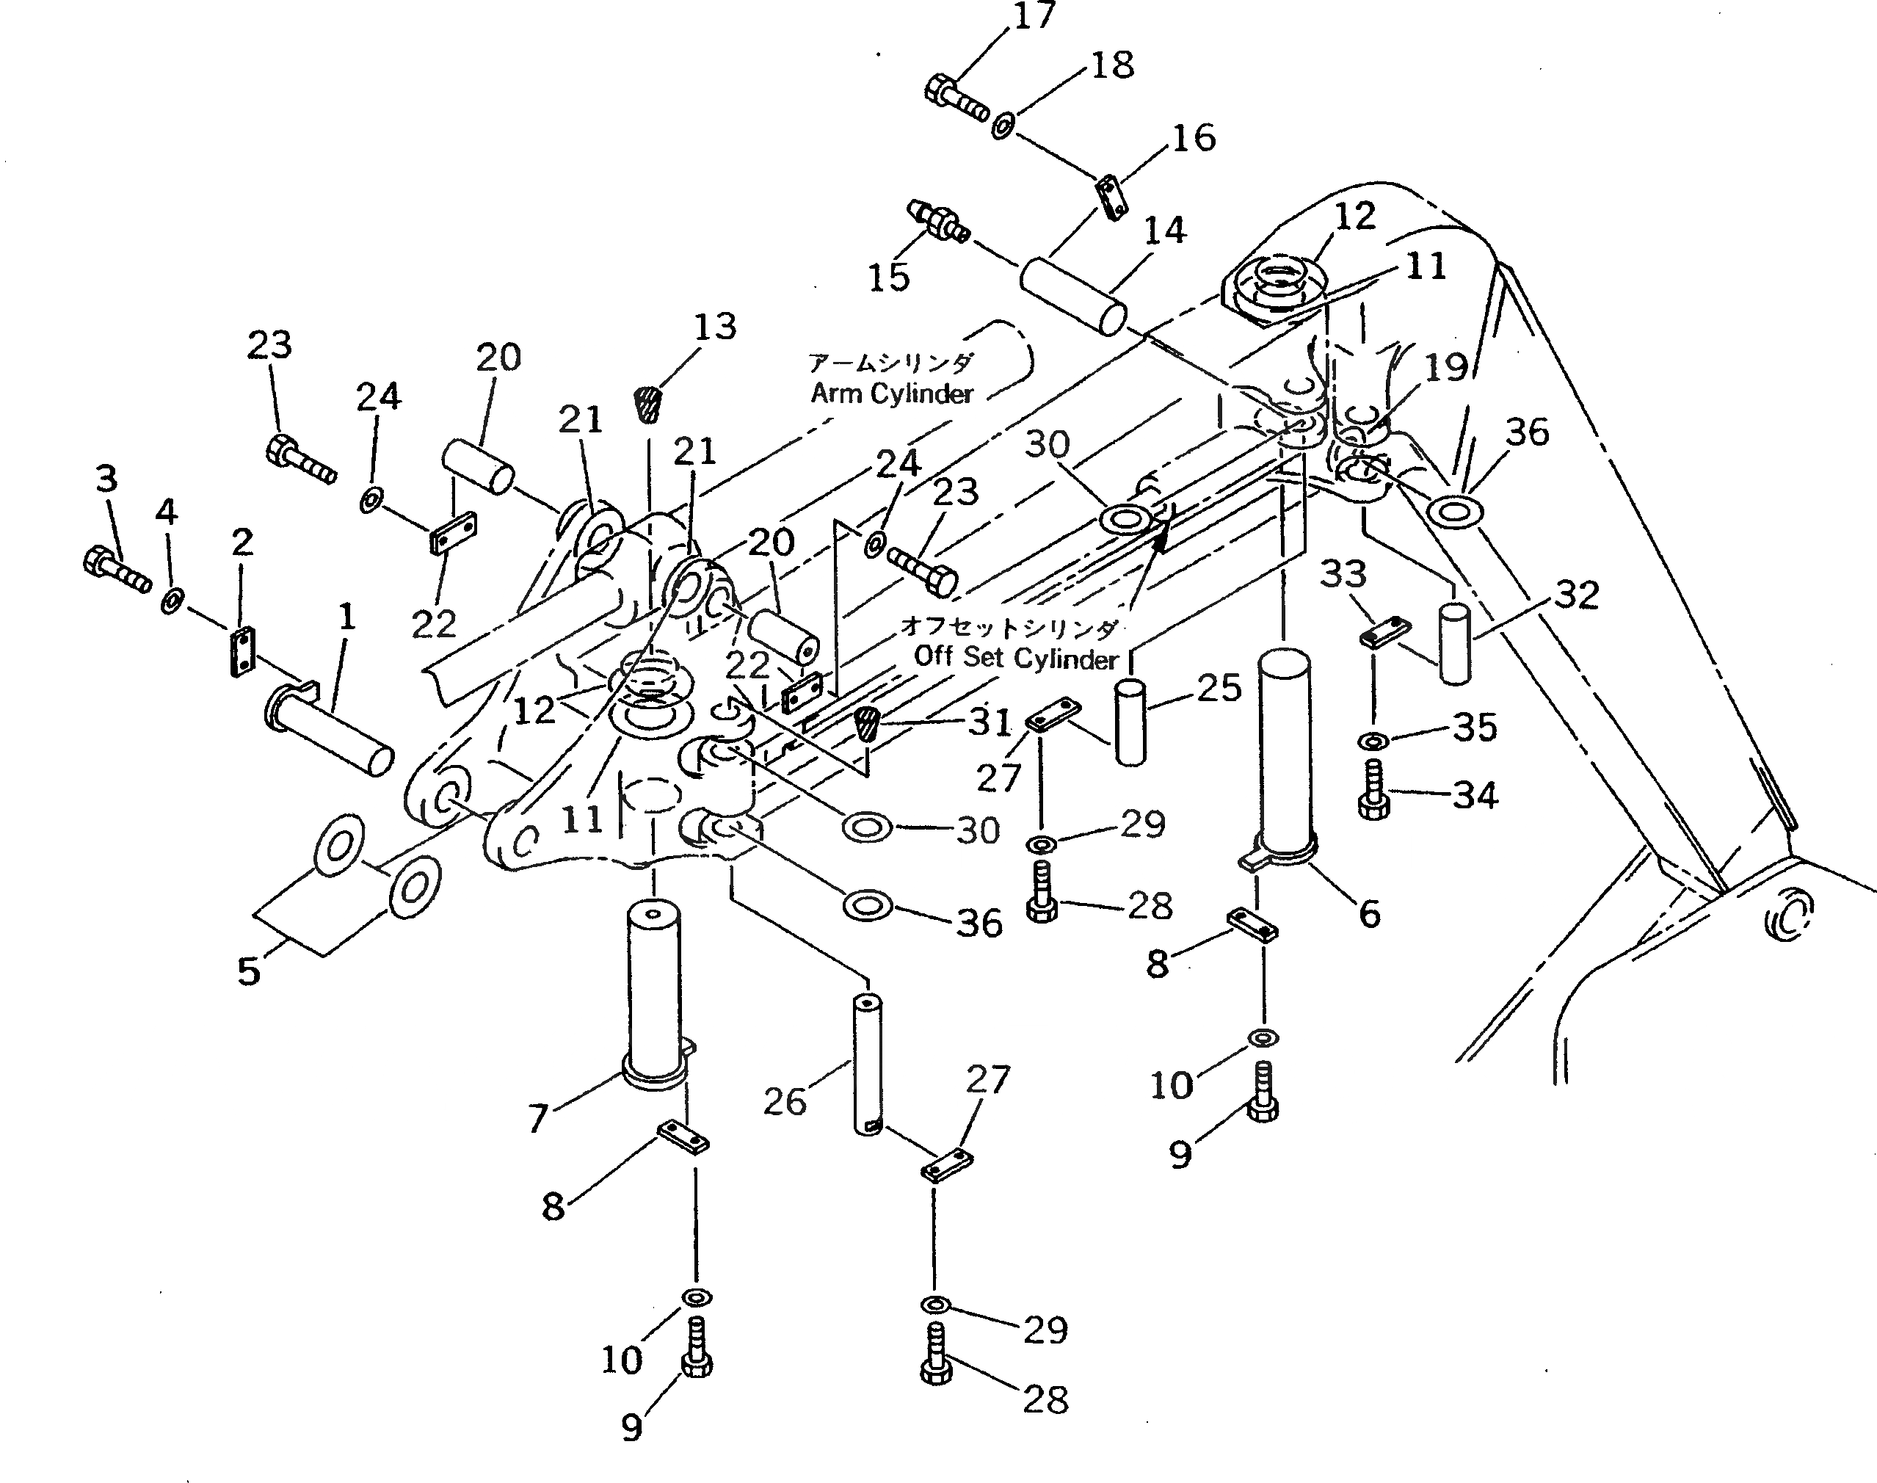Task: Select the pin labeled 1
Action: [330, 729]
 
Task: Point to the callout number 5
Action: [248, 971]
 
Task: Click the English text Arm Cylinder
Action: [892, 394]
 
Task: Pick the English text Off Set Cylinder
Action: [1016, 657]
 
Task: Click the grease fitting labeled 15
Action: [937, 222]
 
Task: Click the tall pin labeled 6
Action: [1284, 755]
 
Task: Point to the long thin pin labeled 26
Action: [868, 1065]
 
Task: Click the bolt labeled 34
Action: [1373, 790]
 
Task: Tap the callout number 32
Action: [1576, 595]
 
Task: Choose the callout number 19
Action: [1445, 367]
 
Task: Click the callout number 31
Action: [990, 722]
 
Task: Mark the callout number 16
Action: [1194, 137]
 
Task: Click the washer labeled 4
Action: [171, 600]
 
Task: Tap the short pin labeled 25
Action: [1130, 722]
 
